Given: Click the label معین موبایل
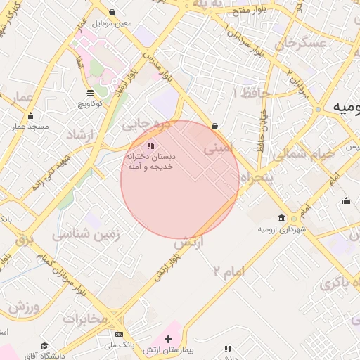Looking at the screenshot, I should [x=115, y=23].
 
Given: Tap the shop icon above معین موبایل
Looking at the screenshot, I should [x=113, y=12].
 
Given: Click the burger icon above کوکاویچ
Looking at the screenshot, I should [x=91, y=92].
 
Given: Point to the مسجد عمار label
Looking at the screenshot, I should [x=30, y=127].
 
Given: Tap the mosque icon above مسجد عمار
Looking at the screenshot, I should [x=30, y=116].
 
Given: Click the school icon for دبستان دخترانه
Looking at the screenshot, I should [x=149, y=146].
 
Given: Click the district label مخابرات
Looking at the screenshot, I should [x=86, y=319].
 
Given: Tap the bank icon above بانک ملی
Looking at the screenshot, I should [x=119, y=334].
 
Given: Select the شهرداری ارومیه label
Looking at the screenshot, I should [x=282, y=229].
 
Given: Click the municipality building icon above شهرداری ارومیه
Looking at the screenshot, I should [x=282, y=218].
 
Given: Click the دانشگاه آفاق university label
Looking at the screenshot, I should [x=44, y=356].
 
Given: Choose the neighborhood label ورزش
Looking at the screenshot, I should [x=22, y=307].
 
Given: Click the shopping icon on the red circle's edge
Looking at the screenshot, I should [x=214, y=126].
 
